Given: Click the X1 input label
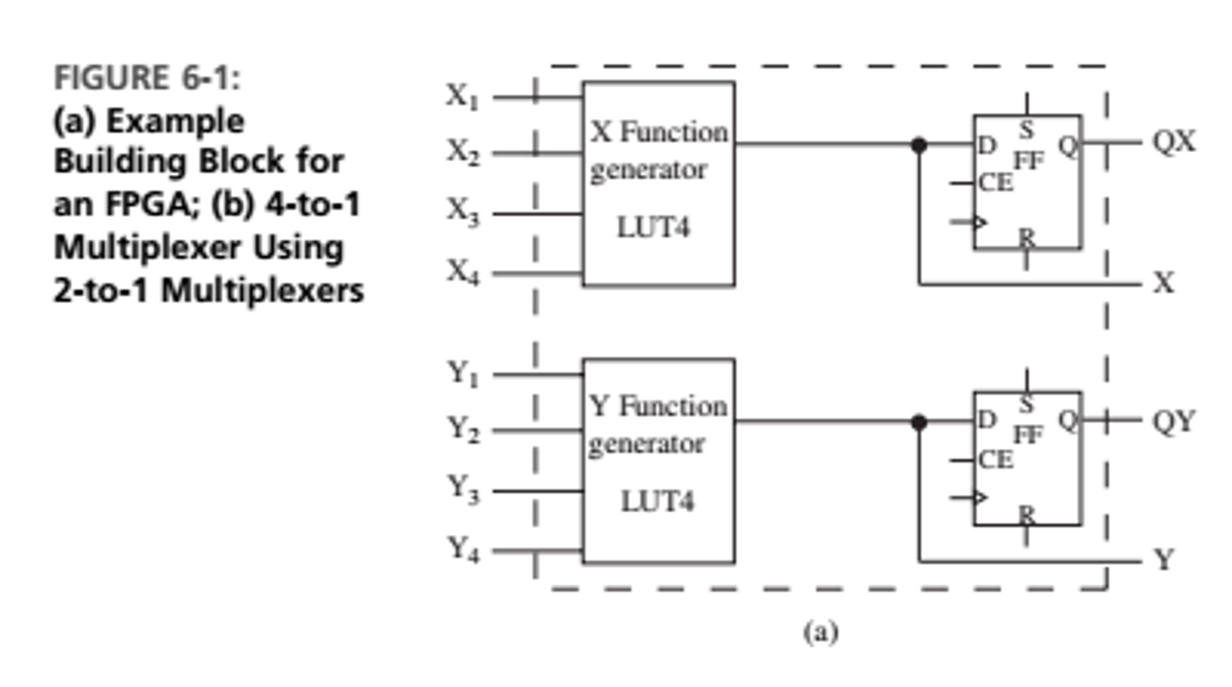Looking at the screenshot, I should (x=462, y=97).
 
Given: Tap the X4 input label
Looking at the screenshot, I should (x=462, y=272).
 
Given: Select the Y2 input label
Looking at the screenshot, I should (x=462, y=430).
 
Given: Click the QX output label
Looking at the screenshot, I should (x=1174, y=142).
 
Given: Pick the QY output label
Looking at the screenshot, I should (x=1174, y=421).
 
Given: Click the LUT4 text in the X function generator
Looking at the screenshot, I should (x=653, y=228).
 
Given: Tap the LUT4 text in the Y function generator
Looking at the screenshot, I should (x=657, y=502).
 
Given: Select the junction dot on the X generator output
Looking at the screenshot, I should (x=919, y=145).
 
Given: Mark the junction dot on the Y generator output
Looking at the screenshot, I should (x=919, y=423).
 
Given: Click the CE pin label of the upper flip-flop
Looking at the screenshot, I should (x=996, y=182).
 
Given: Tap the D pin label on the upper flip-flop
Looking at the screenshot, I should (x=987, y=145).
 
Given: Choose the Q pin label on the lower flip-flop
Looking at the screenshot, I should (x=1068, y=420).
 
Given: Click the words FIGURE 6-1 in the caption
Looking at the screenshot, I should (x=147, y=78).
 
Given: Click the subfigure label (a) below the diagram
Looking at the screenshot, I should (x=820, y=632).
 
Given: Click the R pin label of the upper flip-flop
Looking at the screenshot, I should (x=1027, y=237).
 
